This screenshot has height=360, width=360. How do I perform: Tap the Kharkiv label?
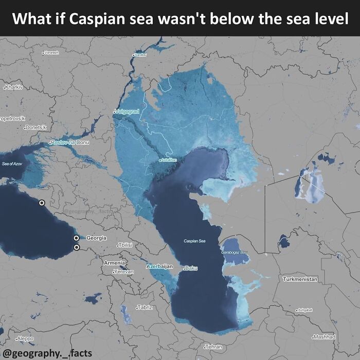14,87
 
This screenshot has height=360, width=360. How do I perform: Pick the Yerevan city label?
123,271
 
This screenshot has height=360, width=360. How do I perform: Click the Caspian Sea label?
194,241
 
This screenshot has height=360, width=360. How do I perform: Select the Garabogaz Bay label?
235,253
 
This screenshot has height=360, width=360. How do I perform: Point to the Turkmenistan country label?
300,279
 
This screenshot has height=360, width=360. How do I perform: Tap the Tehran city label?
213,347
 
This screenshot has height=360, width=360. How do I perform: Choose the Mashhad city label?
325,337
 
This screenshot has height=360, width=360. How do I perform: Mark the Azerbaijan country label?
159,266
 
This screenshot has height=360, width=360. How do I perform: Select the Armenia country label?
114,263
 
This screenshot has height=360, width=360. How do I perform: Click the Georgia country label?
97,238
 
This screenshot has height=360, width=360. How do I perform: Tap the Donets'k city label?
35,127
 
